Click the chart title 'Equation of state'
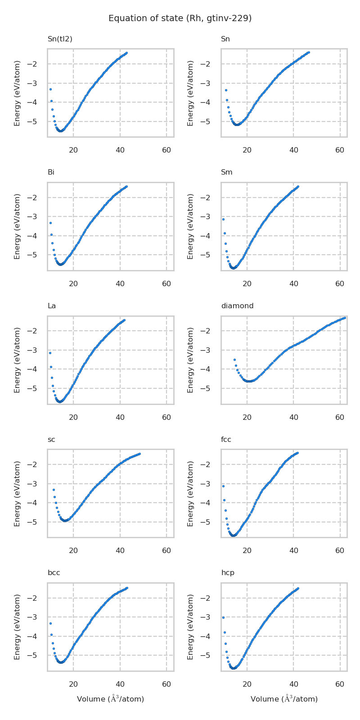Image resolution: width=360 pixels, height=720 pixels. [x=180, y=18]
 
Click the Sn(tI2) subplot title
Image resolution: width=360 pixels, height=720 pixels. [x=60, y=39]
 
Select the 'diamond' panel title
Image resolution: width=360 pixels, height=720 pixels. [x=237, y=306]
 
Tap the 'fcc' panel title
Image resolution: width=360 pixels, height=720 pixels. [x=226, y=440]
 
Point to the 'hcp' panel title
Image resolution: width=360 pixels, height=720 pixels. [x=228, y=573]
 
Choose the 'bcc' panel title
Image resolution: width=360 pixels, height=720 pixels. [x=54, y=573]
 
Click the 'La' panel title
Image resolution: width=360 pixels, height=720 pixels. [x=52, y=306]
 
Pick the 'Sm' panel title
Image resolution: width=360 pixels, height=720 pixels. [x=226, y=172]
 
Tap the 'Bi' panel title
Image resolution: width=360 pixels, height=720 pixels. [x=51, y=172]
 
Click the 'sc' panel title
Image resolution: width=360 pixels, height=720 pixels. [x=51, y=440]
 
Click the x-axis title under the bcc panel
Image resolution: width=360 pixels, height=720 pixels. [x=110, y=699]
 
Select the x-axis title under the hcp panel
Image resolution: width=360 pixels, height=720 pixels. [x=284, y=699]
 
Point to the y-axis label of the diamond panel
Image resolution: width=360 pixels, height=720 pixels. [x=191, y=360]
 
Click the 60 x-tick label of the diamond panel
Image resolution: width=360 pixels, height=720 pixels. [x=340, y=418]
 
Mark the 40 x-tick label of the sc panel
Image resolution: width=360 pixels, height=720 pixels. [x=120, y=551]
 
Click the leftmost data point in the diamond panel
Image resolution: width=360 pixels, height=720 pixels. [x=234, y=360]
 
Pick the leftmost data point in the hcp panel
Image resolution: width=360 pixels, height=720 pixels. [x=223, y=617]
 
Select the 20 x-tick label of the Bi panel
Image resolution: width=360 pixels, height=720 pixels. [x=73, y=284]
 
